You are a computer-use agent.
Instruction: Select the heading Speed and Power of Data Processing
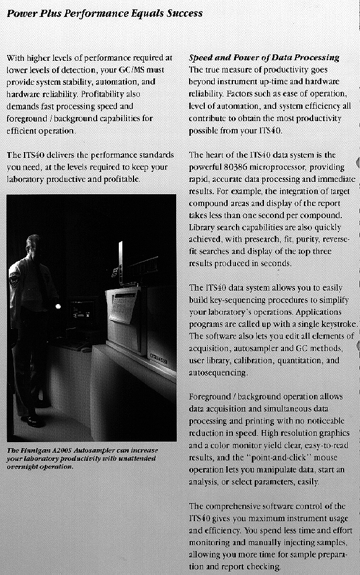pos(264,57)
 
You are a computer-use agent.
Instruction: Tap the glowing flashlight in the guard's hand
pos(57,306)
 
